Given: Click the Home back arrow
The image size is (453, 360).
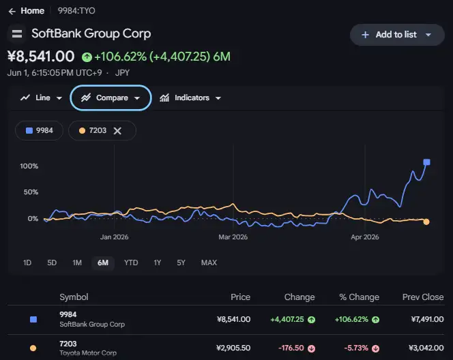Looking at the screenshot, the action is click(12, 12).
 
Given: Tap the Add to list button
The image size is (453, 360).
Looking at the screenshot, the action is click(397, 35).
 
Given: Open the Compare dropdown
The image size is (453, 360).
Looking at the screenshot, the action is click(111, 98).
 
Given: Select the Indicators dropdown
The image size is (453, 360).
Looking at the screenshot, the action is click(190, 98).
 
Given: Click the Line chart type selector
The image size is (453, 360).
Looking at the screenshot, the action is click(41, 98).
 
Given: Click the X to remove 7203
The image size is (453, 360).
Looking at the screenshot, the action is click(117, 131).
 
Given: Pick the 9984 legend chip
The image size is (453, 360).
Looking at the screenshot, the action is click(39, 131).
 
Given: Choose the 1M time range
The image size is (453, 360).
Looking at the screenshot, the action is click(77, 262).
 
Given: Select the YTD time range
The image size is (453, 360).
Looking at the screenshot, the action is click(131, 262).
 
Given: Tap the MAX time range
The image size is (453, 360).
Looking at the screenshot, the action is click(209, 262).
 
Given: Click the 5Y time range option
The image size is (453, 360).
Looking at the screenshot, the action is click(181, 262).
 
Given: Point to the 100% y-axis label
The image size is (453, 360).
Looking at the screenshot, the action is click(29, 166).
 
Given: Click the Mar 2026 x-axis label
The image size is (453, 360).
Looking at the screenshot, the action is click(233, 237).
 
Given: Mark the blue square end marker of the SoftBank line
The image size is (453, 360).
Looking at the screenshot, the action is click(426, 162).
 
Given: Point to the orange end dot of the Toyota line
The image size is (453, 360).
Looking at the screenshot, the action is click(426, 222).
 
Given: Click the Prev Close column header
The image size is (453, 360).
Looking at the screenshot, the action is click(423, 297).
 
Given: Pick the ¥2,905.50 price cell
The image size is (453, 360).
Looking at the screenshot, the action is click(233, 348).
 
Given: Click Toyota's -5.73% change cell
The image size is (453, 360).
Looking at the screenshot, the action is click(362, 348).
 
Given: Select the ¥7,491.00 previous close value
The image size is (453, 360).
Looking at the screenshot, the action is click(427, 319).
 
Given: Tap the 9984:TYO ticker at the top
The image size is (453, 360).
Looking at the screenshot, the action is click(76, 11).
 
